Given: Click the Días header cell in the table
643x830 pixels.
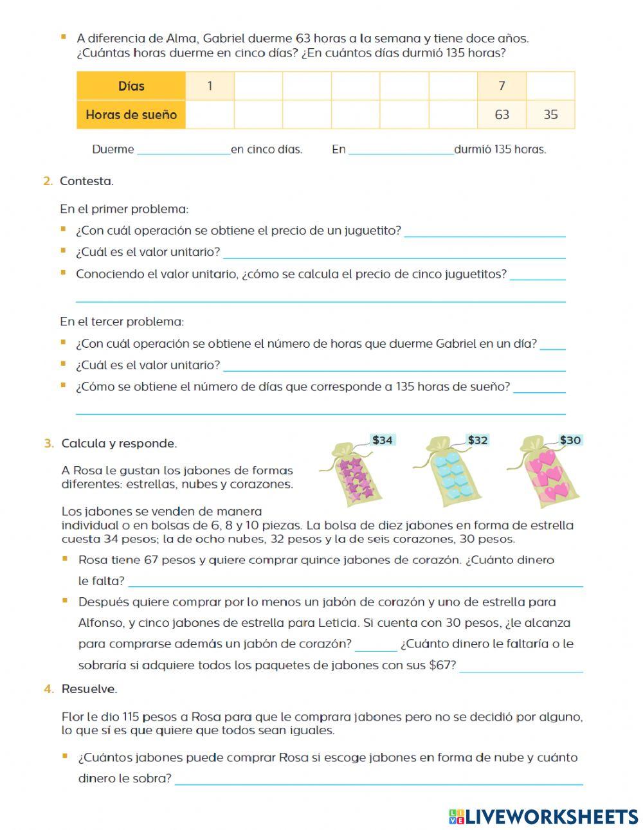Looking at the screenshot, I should [131, 86].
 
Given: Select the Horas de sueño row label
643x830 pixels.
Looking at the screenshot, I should [131, 115].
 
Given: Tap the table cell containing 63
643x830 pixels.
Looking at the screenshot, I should [502, 115].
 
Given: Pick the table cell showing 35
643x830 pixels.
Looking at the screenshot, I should [550, 115].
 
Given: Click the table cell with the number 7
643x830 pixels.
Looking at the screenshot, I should [502, 86].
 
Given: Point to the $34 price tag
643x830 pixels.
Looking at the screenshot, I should [382, 440].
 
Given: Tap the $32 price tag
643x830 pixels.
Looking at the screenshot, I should [477, 440].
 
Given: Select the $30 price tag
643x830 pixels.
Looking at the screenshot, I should [570, 440].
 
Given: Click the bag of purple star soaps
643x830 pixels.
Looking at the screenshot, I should [354, 476].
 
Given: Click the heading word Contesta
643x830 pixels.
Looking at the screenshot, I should [87, 181].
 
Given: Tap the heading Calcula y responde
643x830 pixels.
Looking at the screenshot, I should [119, 444].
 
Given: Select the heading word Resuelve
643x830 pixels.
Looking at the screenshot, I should [89, 689].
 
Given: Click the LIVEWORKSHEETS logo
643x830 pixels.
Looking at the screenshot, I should [543, 816].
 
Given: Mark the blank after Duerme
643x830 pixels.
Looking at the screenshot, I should [183, 150].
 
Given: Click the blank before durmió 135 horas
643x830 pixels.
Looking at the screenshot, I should [401, 150].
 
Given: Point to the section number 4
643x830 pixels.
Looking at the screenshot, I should [48, 689].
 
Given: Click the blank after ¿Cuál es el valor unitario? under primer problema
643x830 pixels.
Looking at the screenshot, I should [394, 253].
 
